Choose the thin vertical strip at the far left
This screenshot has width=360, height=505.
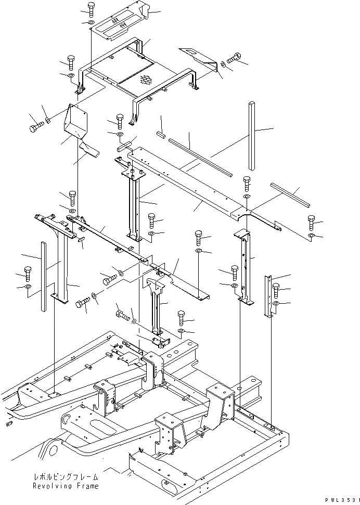tap(42, 276)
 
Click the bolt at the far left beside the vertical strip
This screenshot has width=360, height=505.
tap(28, 272)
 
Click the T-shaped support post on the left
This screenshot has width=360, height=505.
tap(61, 260)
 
